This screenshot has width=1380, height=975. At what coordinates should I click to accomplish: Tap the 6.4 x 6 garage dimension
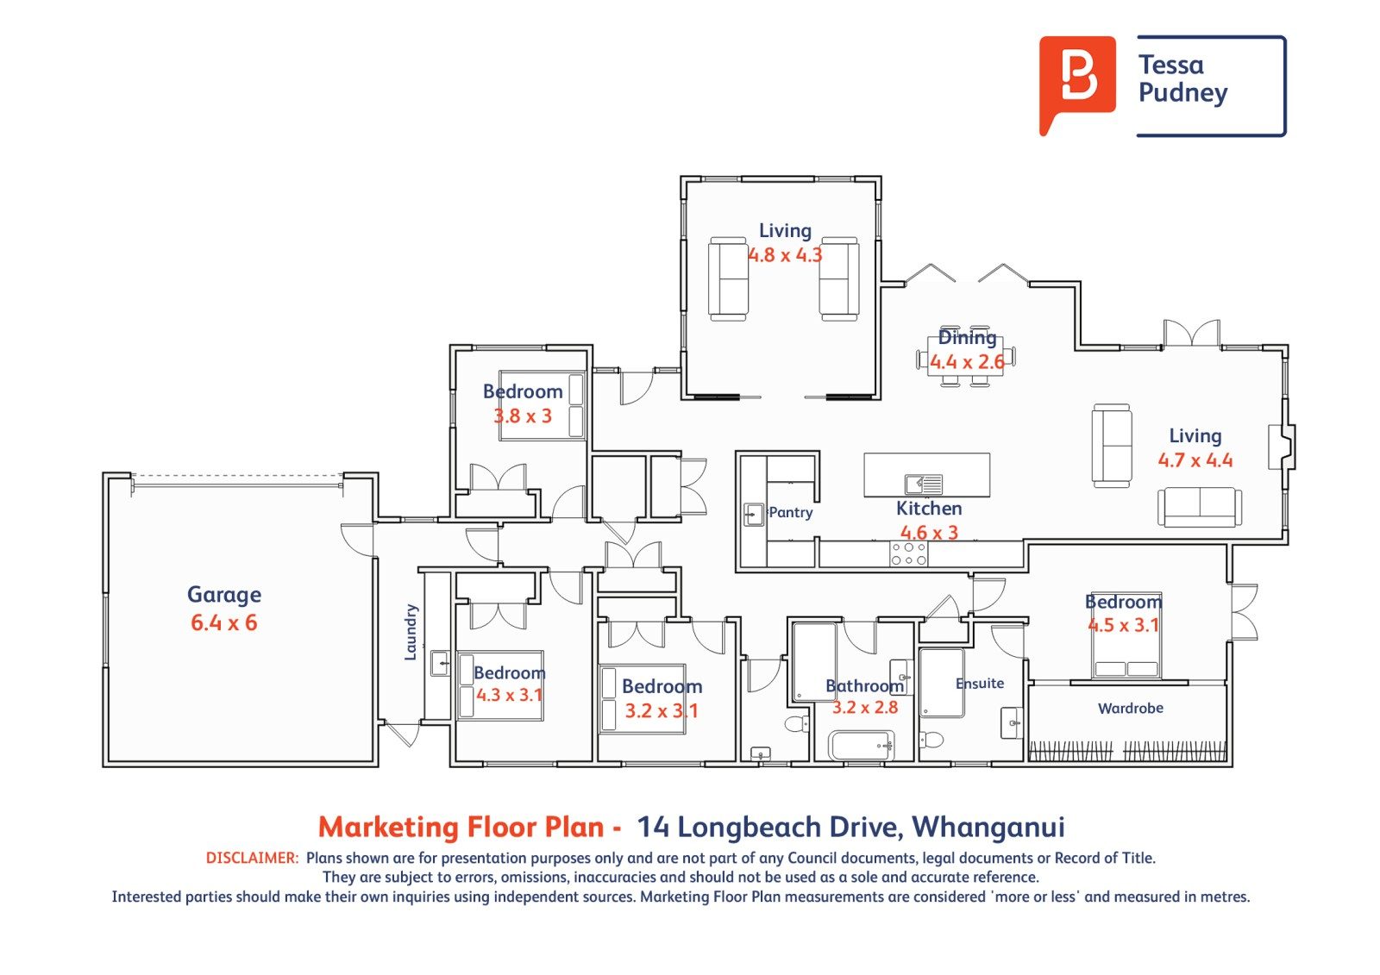[224, 622]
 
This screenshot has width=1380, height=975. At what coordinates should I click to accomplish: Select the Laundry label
[411, 632]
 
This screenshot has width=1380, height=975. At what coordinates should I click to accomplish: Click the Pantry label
[791, 512]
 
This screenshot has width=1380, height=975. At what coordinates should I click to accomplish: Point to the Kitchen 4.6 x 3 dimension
[929, 532]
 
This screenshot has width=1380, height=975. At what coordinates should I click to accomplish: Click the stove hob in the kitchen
[909, 553]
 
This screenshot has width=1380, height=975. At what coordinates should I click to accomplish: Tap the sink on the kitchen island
[924, 484]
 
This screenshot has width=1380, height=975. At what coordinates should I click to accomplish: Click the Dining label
[967, 338]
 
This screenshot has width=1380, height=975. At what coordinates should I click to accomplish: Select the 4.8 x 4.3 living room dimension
[785, 255]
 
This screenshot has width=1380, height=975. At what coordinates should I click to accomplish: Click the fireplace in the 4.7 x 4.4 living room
[1282, 447]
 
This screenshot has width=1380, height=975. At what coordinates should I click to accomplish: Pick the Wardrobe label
[1131, 709]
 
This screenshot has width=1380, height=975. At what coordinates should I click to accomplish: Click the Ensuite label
[980, 683]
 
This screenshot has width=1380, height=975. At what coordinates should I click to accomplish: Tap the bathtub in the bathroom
[862, 746]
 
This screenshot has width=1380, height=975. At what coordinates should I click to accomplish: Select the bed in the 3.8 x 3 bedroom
[542, 405]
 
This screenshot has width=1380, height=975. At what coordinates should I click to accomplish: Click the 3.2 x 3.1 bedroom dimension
[662, 710]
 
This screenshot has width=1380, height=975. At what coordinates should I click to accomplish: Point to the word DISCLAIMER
[252, 858]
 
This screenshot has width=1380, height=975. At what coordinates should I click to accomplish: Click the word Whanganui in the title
[988, 828]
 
